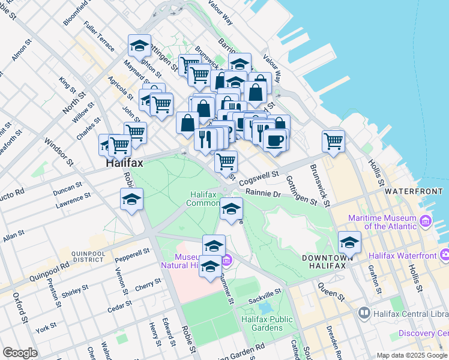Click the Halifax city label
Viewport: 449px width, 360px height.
click(x=124, y=163)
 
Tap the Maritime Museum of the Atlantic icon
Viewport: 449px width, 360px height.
click(x=426, y=222)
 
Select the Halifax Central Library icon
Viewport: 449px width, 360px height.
click(x=364, y=313)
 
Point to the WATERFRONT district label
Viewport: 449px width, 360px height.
click(x=413, y=191)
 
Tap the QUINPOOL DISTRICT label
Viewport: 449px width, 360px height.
click(x=88, y=257)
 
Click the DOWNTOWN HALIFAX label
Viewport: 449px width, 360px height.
click(x=324, y=262)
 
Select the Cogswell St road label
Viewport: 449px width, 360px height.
click(x=259, y=178)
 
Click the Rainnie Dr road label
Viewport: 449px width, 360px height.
click(x=263, y=194)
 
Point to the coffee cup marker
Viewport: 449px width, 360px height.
click(x=275, y=140)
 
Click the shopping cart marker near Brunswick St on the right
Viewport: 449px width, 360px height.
click(x=333, y=142)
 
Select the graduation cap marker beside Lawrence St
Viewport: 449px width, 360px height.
click(x=131, y=199)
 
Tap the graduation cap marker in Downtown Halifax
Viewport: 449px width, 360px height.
click(x=349, y=242)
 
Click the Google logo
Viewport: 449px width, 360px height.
click(x=20, y=353)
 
